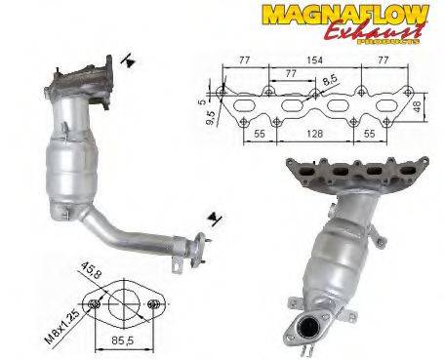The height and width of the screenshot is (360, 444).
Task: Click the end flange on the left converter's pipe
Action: (x=199, y=252)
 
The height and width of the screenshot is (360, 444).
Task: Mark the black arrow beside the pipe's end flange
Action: (x=211, y=216)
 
